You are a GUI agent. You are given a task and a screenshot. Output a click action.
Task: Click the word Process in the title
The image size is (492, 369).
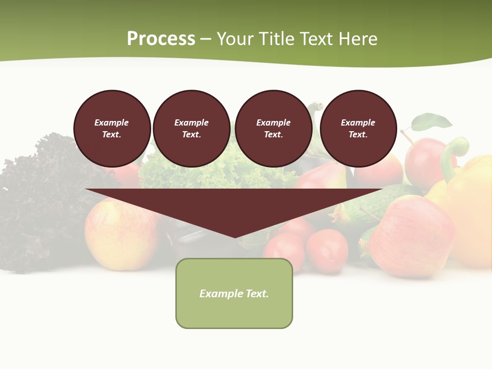pyautogui.click(x=161, y=38)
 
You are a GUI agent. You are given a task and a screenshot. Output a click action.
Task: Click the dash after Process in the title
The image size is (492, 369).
pyautogui.click(x=206, y=39)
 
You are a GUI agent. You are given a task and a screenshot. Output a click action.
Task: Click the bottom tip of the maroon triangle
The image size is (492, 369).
pyautogui.click(x=235, y=236)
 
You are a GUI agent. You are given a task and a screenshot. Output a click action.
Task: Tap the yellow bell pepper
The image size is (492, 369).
pyautogui.click(x=469, y=205)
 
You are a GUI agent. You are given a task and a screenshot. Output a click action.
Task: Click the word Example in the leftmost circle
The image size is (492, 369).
pyautogui.click(x=111, y=122)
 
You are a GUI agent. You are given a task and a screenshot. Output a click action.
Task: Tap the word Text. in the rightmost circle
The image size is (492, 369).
pyautogui.click(x=358, y=134)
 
